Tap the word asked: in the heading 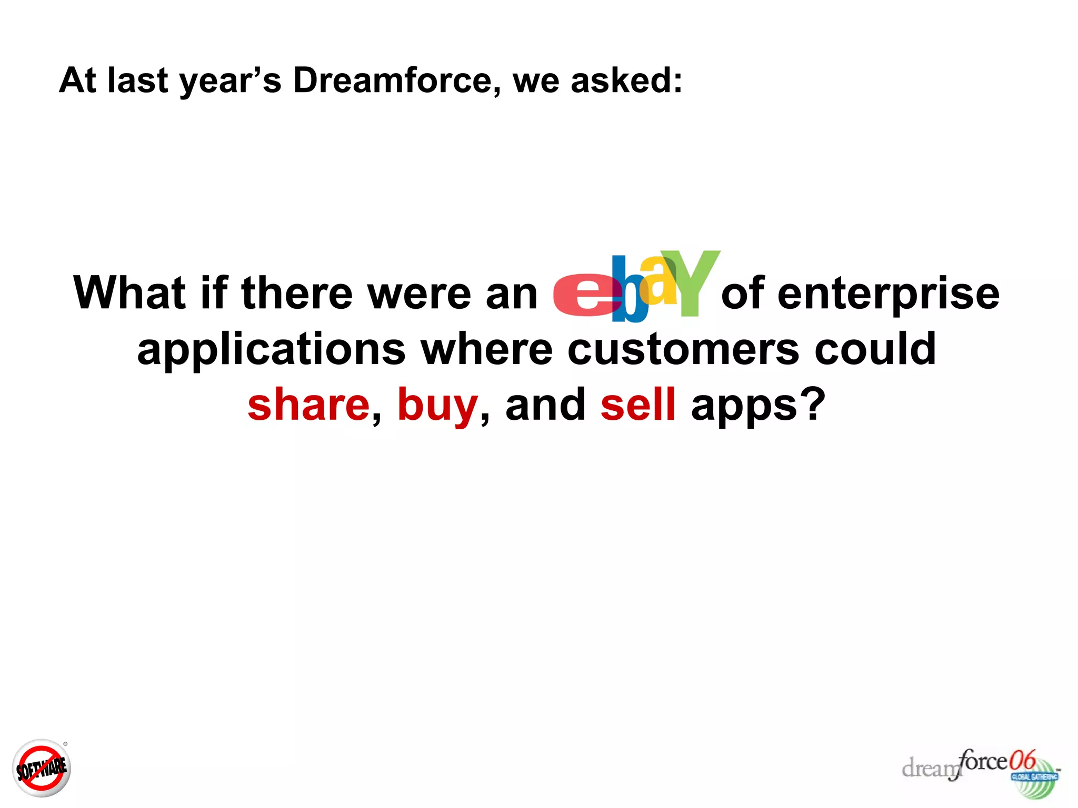tap(626, 80)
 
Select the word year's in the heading tap(230, 82)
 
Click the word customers tap(683, 350)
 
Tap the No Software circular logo tap(42, 768)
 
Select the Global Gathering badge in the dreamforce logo tap(1034, 777)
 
